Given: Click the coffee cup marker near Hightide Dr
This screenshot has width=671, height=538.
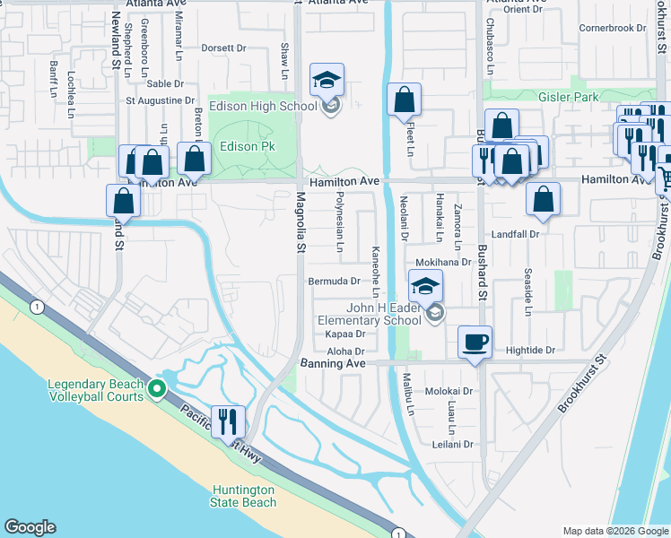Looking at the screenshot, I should point(475,341).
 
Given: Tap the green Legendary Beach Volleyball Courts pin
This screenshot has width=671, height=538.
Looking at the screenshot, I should point(157,389).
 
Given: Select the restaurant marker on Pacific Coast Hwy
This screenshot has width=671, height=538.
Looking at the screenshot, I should point(228,420).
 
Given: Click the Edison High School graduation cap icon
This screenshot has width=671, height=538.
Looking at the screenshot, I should point(327,80).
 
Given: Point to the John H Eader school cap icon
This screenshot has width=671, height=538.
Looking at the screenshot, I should point(425,287).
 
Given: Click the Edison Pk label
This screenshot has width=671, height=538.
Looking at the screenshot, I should point(247,146).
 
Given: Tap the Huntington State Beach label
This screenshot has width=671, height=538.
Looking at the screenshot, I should point(244,496).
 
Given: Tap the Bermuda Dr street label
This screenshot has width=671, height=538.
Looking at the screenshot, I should point(334,281).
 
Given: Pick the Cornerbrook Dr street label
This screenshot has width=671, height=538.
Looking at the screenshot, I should point(613,28).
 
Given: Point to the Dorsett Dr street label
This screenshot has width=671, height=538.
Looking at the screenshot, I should point(223,48).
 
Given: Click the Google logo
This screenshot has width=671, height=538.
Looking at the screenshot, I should point(30,527).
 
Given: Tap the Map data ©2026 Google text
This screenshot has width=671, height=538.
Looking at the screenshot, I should point(614,531).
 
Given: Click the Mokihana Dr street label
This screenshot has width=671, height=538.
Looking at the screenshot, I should point(443,262).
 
